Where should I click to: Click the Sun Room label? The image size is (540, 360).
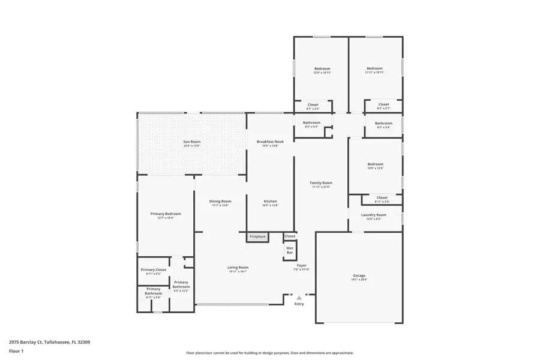pos(191,142)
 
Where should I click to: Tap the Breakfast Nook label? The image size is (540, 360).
pos(270,142)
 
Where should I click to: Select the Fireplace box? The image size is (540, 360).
pos(257,236)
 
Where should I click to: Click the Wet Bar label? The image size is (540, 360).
pos(290,250)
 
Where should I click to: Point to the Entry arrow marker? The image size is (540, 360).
pos(299,296)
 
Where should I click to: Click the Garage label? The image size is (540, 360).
pos(359,276)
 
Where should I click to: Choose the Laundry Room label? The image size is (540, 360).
pos(373,215)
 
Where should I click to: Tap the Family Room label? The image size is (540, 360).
pos(321,183)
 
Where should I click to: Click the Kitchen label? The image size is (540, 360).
pos(270,202)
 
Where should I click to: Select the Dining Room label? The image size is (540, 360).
pos(220,202)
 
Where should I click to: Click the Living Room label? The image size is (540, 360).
pos(238,268)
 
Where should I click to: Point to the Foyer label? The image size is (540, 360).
pos(301,265)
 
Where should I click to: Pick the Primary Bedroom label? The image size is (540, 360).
pos(165,214)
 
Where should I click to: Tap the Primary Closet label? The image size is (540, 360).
pos(154,270)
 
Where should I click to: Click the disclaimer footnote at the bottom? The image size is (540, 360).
pos(269,353)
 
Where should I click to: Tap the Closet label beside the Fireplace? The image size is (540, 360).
pos(290,236)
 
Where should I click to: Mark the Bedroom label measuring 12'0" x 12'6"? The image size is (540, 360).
pos(375,164)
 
